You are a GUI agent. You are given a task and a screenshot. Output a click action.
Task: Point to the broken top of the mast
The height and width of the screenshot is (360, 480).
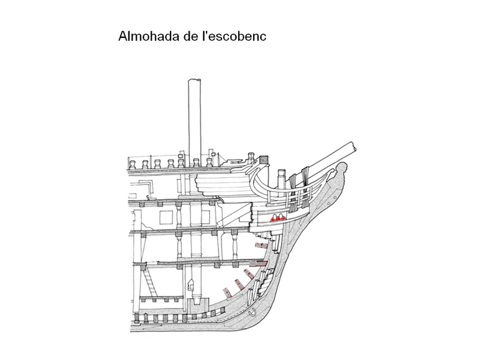194,80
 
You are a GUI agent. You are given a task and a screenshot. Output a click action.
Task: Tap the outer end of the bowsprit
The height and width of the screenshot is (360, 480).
353,146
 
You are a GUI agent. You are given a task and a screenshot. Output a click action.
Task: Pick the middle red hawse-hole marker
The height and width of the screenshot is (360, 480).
277,219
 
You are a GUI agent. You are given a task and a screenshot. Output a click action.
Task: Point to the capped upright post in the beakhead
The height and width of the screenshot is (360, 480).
282,179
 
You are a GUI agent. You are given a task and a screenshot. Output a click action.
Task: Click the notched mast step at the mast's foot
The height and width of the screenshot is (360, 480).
194,305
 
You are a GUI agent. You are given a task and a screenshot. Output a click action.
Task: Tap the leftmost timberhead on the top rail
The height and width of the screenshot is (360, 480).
133,164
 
